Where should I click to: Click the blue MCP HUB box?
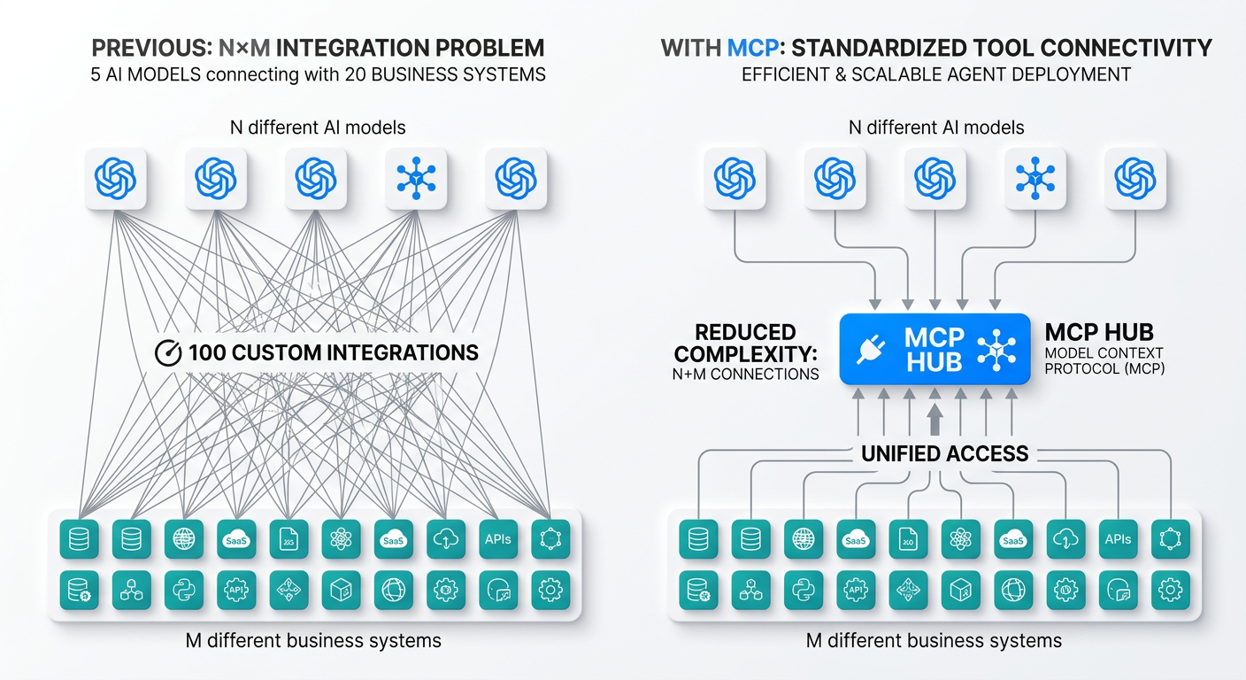934,350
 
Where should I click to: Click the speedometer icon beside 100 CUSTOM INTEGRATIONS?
167,352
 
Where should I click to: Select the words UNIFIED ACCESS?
946,454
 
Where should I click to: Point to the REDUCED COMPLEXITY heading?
745,344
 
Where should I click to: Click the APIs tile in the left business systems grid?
498,538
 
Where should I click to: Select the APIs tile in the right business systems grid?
1118,538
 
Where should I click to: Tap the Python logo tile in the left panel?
184,589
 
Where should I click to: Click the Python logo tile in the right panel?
804,589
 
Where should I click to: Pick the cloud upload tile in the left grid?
446,538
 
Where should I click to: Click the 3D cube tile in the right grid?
960,589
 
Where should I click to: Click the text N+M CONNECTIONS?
745,375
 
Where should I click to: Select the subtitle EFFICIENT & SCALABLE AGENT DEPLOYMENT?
935,74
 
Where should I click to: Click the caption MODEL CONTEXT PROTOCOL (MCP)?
1104,361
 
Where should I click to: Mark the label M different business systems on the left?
315,640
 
